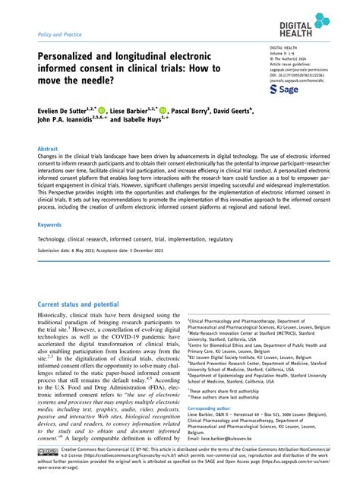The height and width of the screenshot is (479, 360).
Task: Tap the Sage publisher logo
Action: pos(286,90)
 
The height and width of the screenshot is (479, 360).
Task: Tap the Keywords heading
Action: pos(50,225)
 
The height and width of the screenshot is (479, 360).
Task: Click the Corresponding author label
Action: pos(213,408)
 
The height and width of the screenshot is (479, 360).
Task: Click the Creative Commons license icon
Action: pos(47,452)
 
